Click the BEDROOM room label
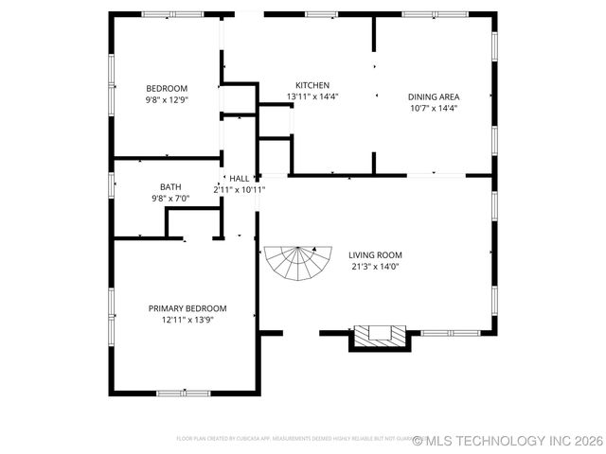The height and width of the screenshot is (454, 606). (x=166, y=88)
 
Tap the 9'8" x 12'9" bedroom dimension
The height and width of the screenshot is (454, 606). (x=166, y=99)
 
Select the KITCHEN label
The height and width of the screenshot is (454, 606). (x=312, y=85)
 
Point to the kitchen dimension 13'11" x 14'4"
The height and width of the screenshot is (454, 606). (x=312, y=96)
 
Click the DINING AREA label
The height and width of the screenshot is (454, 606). (x=434, y=96)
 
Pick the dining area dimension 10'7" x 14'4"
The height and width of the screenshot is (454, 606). (x=434, y=108)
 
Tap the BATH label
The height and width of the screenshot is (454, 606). (x=170, y=187)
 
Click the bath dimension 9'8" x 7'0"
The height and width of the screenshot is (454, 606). (x=170, y=199)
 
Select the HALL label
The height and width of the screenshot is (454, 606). (x=240, y=178)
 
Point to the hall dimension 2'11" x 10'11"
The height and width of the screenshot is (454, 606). (x=239, y=189)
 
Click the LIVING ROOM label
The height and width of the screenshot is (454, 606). (x=375, y=254)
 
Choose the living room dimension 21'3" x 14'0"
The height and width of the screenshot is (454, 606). (x=375, y=266)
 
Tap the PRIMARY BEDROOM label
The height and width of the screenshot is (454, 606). (x=187, y=308)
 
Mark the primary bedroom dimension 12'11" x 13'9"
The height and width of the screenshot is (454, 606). (x=187, y=320)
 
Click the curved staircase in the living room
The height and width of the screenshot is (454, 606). (x=298, y=262)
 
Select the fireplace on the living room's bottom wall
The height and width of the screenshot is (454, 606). (x=380, y=335)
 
